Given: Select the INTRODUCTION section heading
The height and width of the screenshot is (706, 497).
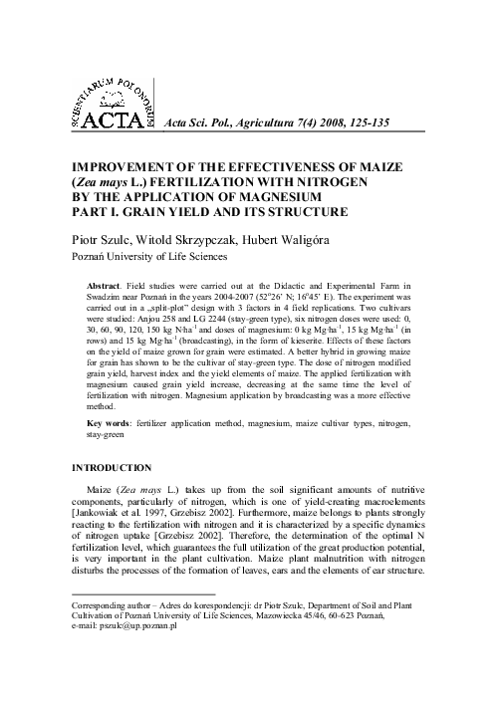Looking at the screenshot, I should coord(110,467).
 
